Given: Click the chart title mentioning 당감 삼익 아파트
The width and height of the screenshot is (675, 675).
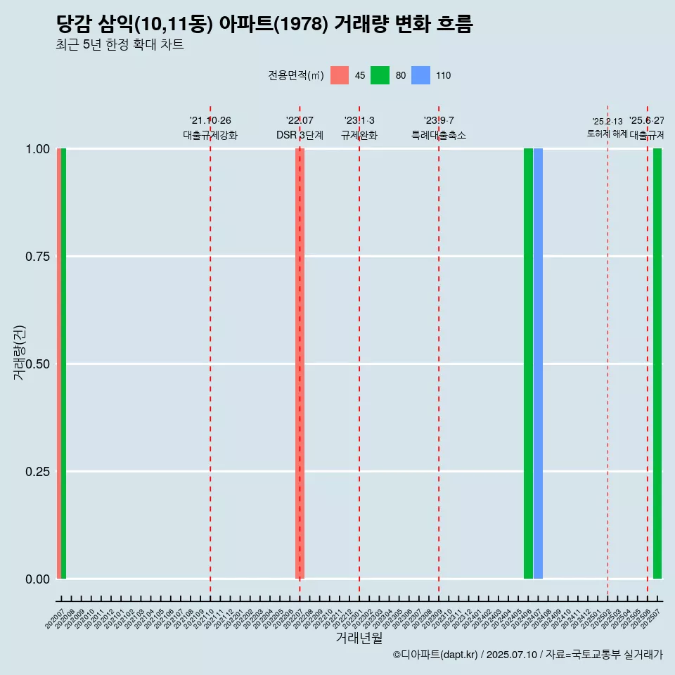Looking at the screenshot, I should (264, 25).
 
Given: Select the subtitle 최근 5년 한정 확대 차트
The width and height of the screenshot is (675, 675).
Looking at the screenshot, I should (120, 46).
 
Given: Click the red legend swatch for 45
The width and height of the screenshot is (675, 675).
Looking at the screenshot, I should (340, 75).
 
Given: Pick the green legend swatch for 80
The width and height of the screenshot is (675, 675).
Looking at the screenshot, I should (380, 75).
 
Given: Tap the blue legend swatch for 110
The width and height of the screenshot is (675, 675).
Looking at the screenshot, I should (420, 75).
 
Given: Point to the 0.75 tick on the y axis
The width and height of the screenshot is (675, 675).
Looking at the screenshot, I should (36, 257).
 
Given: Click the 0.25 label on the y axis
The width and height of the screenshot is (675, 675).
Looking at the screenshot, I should (36, 471).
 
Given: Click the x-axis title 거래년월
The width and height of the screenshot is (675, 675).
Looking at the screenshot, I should (359, 638).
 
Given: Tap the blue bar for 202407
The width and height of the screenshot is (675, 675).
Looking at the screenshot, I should (538, 364).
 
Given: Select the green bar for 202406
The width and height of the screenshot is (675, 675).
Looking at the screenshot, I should (528, 364).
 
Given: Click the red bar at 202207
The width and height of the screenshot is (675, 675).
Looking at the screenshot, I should (300, 364).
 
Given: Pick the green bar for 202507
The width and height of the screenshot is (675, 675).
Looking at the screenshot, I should (657, 364).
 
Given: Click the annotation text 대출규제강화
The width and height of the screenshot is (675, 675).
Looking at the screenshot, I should (210, 135).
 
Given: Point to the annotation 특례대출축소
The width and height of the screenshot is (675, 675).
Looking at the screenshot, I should (439, 135).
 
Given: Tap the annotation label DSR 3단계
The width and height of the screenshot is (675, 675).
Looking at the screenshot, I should (300, 135).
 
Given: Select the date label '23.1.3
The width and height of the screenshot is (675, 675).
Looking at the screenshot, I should (359, 121).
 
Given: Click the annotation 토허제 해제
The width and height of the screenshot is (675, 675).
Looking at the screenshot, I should (607, 134).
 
